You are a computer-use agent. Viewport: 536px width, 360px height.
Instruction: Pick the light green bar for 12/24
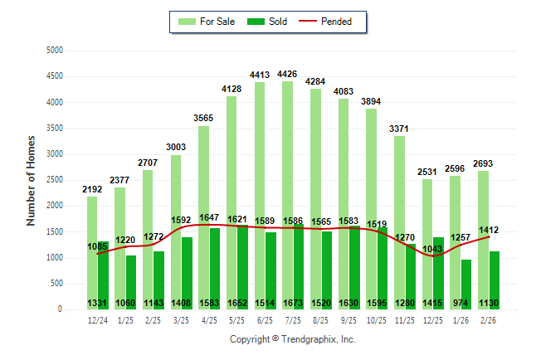pyautogui.click(x=91, y=249)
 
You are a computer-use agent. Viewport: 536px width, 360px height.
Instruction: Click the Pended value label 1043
pyautogui.click(x=431, y=250)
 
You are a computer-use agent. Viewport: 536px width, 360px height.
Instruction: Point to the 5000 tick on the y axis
pyautogui.click(x=56, y=51)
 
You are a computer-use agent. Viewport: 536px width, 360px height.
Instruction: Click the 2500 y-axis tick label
pyautogui.click(x=56, y=180)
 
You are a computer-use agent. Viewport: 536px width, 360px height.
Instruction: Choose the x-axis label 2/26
pyautogui.click(x=489, y=320)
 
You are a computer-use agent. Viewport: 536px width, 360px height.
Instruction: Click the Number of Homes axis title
pyautogui.click(x=31, y=180)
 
